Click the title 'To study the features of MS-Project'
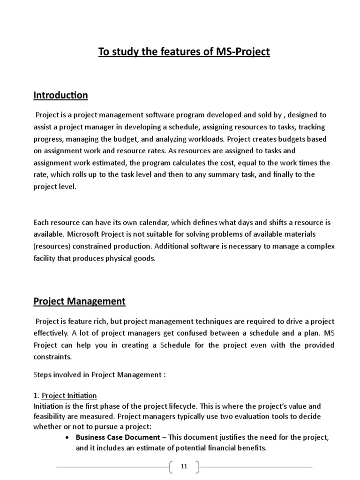point(184,52)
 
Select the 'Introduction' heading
point(60,95)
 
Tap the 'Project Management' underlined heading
point(79,301)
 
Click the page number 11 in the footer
point(184,466)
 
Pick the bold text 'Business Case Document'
point(118,437)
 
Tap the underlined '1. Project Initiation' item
point(65,395)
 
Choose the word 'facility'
point(45,258)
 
